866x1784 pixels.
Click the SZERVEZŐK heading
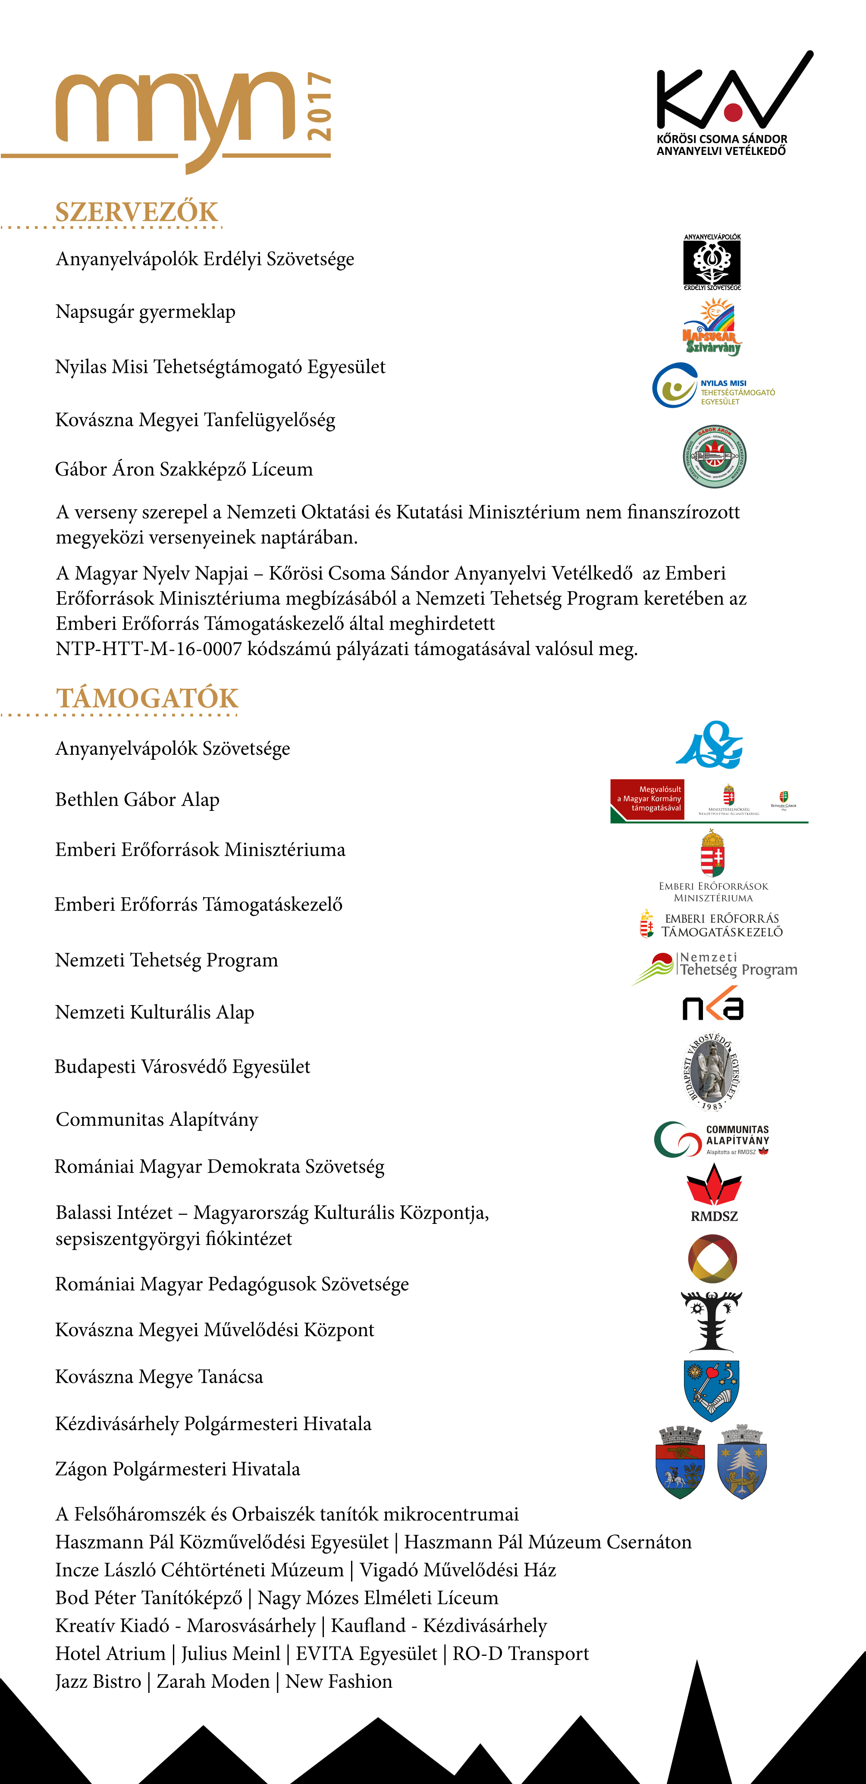[x=136, y=212]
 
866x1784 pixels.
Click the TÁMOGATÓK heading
[x=147, y=698]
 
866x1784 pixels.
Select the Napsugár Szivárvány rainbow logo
[x=712, y=327]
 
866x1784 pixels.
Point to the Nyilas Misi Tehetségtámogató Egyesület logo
[x=713, y=386]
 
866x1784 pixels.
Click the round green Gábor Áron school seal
[x=714, y=457]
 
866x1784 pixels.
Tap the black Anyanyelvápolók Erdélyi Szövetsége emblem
[x=712, y=262]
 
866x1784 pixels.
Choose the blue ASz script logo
[x=709, y=745]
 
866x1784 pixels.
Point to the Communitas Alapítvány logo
[x=712, y=1139]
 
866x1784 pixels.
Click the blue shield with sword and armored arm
[x=712, y=1389]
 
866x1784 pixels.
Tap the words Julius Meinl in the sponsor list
[x=231, y=1654]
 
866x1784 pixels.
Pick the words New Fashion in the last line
[x=339, y=1681]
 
